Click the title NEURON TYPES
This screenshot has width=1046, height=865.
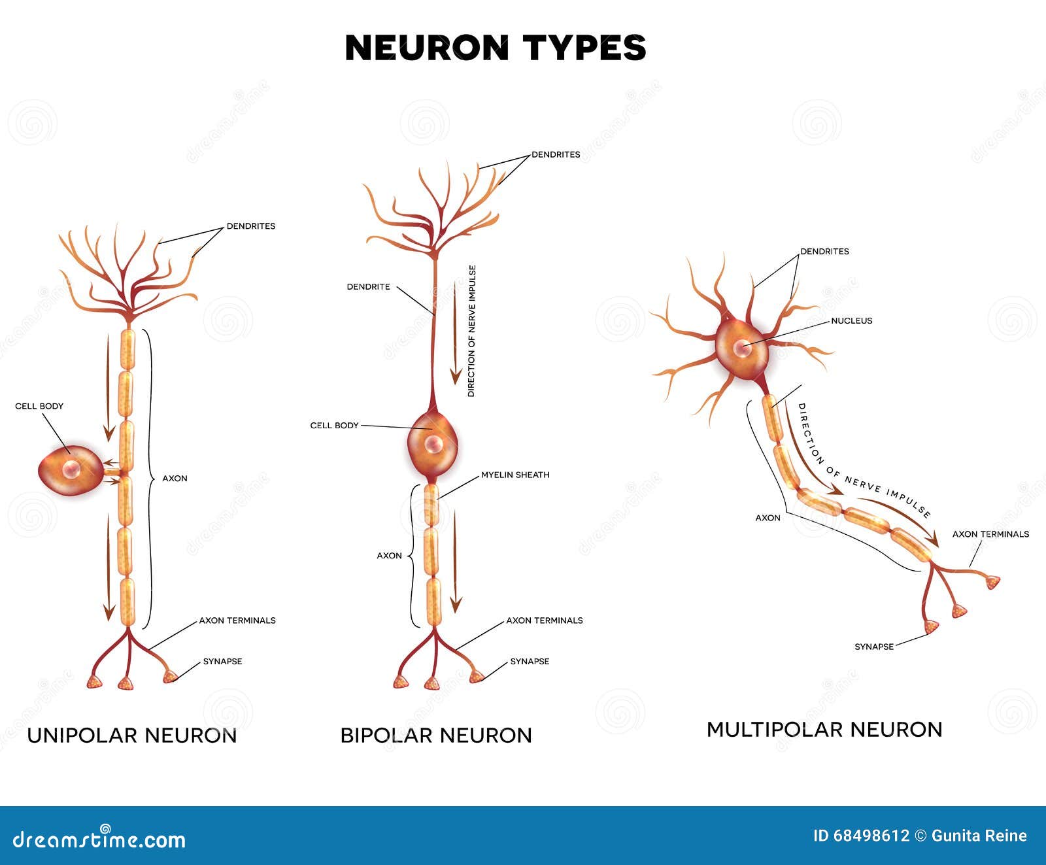pyautogui.click(x=495, y=48)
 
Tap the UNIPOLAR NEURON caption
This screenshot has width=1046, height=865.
pyautogui.click(x=131, y=736)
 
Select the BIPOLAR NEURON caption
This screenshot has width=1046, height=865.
pyautogui.click(x=436, y=736)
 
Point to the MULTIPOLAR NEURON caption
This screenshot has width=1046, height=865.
pyautogui.click(x=824, y=729)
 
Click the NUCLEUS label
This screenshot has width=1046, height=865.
pyautogui.click(x=851, y=321)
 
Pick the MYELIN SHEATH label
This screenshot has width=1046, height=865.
pyautogui.click(x=515, y=475)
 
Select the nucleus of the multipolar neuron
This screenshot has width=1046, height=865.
pyautogui.click(x=742, y=348)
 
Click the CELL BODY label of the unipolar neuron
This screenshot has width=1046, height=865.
pyautogui.click(x=39, y=406)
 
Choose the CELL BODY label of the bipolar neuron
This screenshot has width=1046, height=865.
pyautogui.click(x=334, y=426)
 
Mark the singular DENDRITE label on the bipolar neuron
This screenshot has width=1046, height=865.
pyautogui.click(x=368, y=287)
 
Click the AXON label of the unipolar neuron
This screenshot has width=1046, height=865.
pyautogui.click(x=175, y=479)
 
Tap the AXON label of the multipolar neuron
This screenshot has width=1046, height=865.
pyautogui.click(x=768, y=518)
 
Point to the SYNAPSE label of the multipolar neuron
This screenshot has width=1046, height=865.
pyautogui.click(x=874, y=647)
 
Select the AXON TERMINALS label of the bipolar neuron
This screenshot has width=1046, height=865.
pyautogui.click(x=545, y=620)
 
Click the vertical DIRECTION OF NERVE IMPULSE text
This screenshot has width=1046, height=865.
pyautogui.click(x=471, y=331)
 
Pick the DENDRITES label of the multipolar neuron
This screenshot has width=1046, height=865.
pyautogui.click(x=824, y=252)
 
